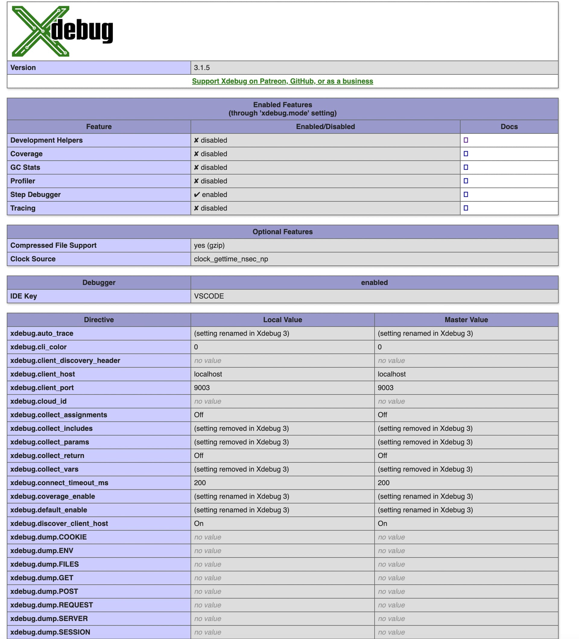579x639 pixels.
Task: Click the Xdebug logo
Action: pyautogui.click(x=62, y=31)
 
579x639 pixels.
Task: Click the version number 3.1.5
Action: pyautogui.click(x=202, y=68)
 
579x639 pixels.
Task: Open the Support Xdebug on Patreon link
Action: pyautogui.click(x=282, y=81)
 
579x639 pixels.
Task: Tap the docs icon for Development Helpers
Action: pyautogui.click(x=466, y=140)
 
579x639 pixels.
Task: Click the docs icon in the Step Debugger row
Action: pyautogui.click(x=466, y=194)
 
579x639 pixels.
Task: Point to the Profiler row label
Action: pyautogui.click(x=23, y=181)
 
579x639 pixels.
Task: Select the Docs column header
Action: pyautogui.click(x=509, y=127)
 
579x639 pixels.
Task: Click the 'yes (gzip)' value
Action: pyautogui.click(x=209, y=245)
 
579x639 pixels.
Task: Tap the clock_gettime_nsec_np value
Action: pyautogui.click(x=231, y=259)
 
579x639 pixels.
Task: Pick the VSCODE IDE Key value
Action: pyautogui.click(x=209, y=296)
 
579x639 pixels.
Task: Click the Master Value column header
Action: pyautogui.click(x=466, y=319)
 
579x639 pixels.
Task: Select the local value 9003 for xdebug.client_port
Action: pyautogui.click(x=202, y=388)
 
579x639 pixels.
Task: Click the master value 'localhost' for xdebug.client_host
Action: pyautogui.click(x=391, y=374)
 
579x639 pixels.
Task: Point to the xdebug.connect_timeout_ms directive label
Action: pyautogui.click(x=59, y=483)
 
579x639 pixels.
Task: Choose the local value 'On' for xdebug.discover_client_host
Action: pyautogui.click(x=198, y=523)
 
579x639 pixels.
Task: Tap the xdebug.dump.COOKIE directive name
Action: pyautogui.click(x=48, y=537)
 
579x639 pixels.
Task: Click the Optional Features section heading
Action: pyautogui.click(x=282, y=232)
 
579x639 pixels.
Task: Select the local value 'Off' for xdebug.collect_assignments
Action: pyautogui.click(x=198, y=414)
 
